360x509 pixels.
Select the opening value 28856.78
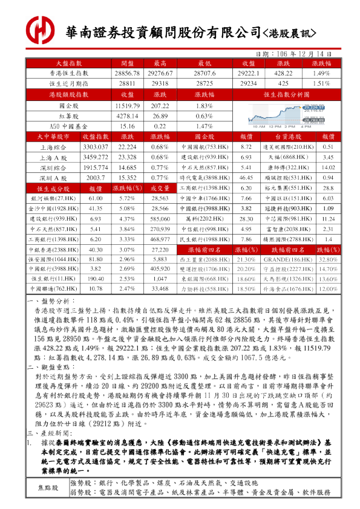point(127,73)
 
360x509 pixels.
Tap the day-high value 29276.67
point(160,73)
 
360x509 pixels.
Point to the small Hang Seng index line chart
point(286,115)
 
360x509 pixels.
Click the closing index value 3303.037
point(95,147)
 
